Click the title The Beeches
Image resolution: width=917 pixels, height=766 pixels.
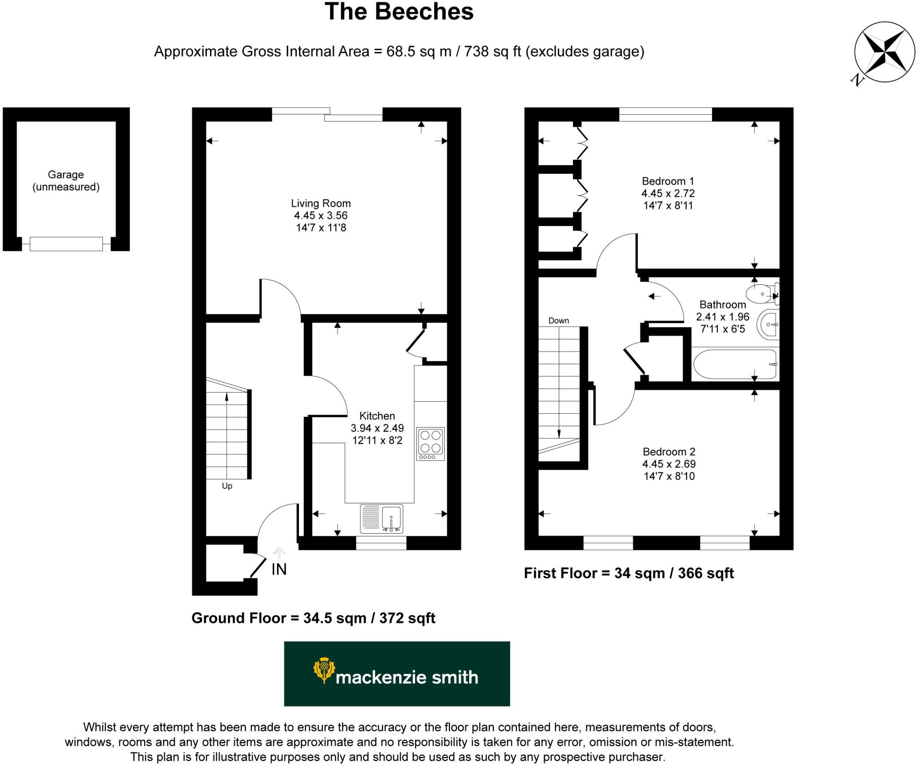click(399, 12)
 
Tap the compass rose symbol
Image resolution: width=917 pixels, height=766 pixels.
click(884, 52)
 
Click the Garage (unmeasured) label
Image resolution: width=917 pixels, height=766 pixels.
click(66, 181)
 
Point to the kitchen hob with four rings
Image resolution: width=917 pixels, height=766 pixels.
click(430, 443)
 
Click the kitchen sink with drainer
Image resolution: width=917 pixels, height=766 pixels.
click(381, 518)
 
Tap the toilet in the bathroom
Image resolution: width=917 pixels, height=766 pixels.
click(763, 294)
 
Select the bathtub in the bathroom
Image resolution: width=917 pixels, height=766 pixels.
click(735, 364)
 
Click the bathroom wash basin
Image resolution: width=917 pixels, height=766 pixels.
click(769, 324)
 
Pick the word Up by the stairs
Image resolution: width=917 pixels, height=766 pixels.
click(227, 486)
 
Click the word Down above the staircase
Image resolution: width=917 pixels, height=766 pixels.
click(558, 321)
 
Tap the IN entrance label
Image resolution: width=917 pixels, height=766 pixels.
click(279, 569)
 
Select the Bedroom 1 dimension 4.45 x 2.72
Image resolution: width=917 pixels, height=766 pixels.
click(668, 193)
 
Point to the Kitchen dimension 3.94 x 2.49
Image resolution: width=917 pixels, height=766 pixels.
click(377, 428)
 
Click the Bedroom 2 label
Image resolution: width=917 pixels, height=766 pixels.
click(669, 452)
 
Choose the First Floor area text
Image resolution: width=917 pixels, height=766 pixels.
click(629, 573)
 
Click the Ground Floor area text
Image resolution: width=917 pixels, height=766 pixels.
click(313, 618)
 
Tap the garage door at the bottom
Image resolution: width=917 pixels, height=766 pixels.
click(66, 244)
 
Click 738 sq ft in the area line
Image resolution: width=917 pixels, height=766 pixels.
click(493, 51)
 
